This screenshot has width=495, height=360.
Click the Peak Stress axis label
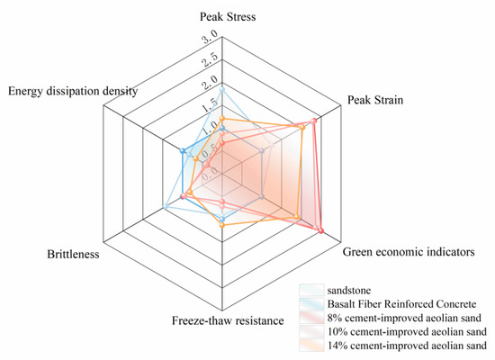pos(228,16)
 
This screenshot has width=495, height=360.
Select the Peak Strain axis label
pos(375,100)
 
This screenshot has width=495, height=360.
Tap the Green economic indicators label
pos(409,252)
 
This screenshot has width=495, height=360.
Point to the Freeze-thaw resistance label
pos(228,320)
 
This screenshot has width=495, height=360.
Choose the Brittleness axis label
pos(73,254)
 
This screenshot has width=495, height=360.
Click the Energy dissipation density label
pos(73,91)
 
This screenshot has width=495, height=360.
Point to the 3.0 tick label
pos(210,37)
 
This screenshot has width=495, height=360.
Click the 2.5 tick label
pos(210,58)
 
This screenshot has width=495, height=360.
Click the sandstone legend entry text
pos(349,290)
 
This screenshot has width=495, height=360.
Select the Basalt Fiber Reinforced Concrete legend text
pos(402,304)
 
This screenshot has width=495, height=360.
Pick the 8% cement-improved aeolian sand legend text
pos(404,318)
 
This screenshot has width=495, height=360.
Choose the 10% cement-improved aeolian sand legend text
pos(407,331)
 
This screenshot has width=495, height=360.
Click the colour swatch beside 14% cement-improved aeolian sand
pos(311,346)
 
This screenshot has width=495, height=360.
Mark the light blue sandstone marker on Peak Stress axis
pos(222,90)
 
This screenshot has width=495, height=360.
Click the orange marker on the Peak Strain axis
pos(302,127)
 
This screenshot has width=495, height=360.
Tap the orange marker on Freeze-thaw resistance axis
pos(222,225)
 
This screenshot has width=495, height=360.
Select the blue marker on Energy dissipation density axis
pos(183,151)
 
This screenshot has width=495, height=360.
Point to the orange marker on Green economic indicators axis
pos(297,217)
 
